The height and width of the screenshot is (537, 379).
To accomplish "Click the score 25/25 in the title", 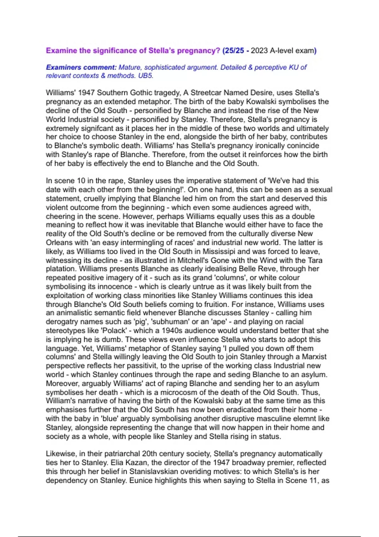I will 234,51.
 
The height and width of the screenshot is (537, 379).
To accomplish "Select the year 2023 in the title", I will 259,51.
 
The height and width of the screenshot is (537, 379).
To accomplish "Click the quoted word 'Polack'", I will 116,330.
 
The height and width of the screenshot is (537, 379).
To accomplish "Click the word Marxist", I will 314,357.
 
